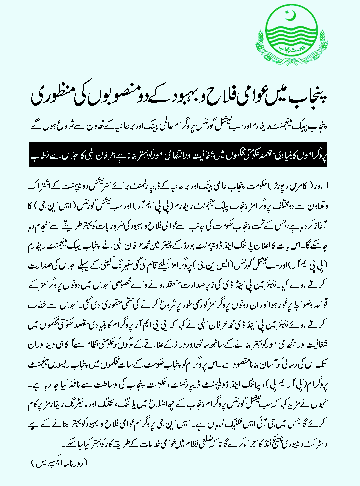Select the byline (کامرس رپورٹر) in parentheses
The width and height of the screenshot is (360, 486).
[287, 185]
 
